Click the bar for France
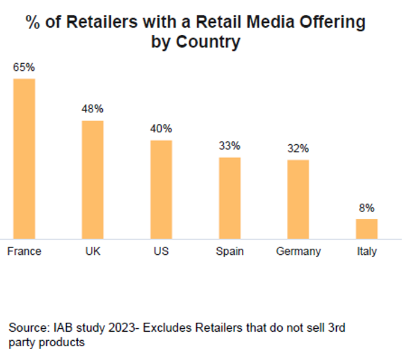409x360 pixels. tap(24, 159)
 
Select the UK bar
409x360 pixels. tap(93, 179)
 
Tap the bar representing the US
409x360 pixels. tap(161, 189)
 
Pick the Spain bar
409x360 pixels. tap(230, 198)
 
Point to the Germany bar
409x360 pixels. tap(298, 199)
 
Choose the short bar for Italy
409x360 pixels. tap(366, 228)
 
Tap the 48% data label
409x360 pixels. tap(93, 109)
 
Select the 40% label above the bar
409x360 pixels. tap(161, 129)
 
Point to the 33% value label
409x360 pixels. tap(230, 146)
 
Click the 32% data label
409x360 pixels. tap(298, 148)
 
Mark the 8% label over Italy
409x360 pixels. tap(367, 208)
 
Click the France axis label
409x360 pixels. tap(24, 251)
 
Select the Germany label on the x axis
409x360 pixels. tap(298, 251)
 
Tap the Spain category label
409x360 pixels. tap(230, 251)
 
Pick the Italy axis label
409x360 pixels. tap(366, 251)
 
